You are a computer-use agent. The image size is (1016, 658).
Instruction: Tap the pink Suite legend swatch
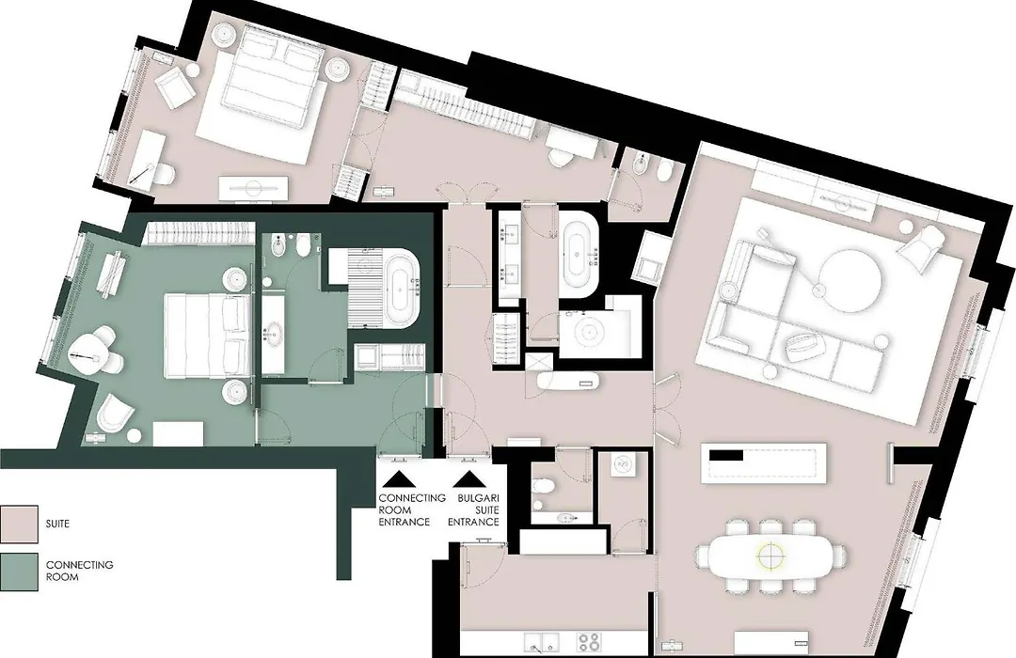click(x=19, y=524)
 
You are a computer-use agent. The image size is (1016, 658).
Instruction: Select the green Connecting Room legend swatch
click(x=19, y=572)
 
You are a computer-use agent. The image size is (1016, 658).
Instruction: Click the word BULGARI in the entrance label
click(x=478, y=498)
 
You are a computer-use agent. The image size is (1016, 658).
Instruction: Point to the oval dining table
click(x=770, y=556)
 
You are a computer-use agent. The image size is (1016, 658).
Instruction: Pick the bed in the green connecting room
click(x=207, y=335)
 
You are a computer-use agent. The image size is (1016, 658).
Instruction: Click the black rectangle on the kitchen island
click(x=726, y=455)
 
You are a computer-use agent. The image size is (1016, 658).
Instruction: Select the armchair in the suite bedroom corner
click(x=175, y=87)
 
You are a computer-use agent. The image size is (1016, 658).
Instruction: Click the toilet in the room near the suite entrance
click(x=543, y=486)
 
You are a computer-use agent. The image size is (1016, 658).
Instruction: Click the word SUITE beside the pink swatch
click(x=57, y=523)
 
